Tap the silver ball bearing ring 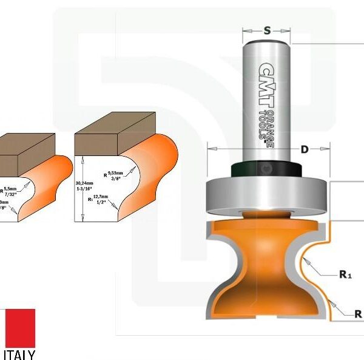(266, 195)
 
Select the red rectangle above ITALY (19, 327)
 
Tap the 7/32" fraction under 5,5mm (10, 195)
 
